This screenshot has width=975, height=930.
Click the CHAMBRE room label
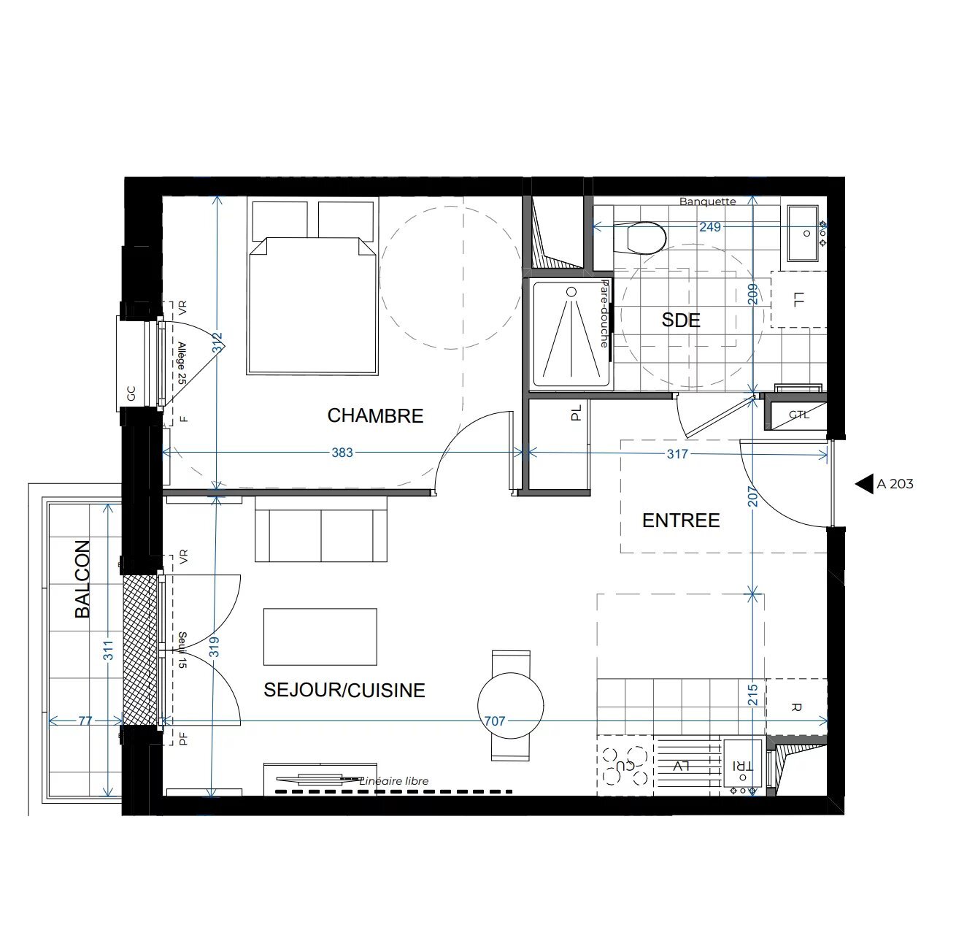click(x=375, y=415)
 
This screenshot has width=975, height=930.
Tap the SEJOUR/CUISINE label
click(x=344, y=690)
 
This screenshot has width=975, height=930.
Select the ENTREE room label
click(x=681, y=520)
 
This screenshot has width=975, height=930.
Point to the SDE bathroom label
click(x=681, y=320)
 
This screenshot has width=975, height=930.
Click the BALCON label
click(x=83, y=579)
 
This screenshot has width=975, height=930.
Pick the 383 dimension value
click(x=342, y=453)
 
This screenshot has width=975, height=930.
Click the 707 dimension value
click(x=495, y=721)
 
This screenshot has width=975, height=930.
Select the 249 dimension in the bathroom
click(x=709, y=227)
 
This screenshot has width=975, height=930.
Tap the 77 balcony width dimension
click(x=85, y=721)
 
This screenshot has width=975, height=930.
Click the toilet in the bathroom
click(x=646, y=237)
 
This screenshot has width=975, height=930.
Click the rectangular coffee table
click(x=320, y=637)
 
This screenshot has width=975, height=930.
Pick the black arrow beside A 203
click(x=865, y=483)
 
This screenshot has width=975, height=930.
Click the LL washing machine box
click(x=798, y=299)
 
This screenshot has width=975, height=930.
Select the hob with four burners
click(x=625, y=765)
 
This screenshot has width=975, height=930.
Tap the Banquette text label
click(x=707, y=201)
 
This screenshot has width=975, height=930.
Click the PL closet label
click(x=577, y=413)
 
